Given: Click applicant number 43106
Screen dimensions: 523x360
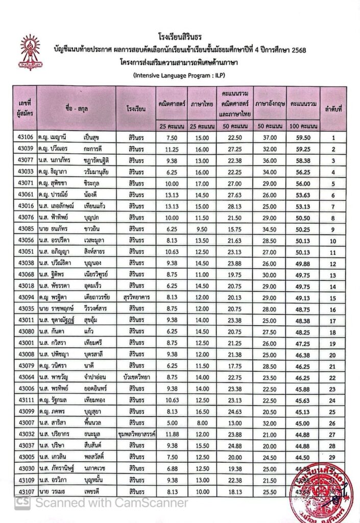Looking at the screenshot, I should (25, 137).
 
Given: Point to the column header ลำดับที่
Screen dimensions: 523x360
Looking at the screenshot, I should (333, 109).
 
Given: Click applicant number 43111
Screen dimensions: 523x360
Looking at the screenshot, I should (25, 401).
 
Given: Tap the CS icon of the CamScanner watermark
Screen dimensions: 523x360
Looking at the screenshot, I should (21, 503).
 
